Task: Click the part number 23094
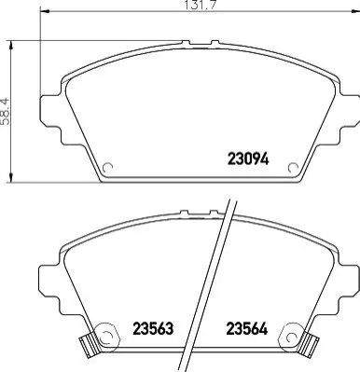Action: pyautogui.click(x=248, y=158)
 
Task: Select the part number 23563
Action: pyautogui.click(x=153, y=328)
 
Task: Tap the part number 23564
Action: pyautogui.click(x=247, y=328)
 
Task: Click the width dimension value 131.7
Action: pyautogui.click(x=201, y=5)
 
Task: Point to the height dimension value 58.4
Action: pyautogui.click(x=6, y=112)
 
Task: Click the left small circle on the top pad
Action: pyautogui.click(x=107, y=167)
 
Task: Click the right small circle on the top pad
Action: pyautogui.click(x=293, y=168)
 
